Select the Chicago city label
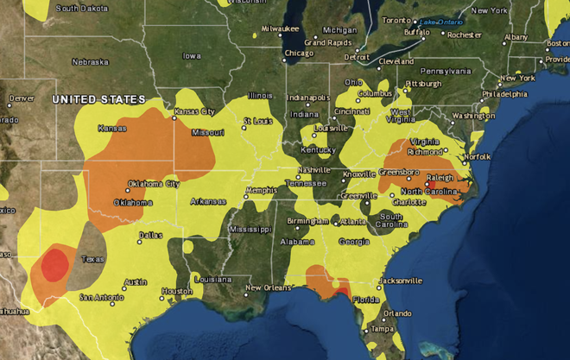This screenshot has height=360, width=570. [x=299, y=54]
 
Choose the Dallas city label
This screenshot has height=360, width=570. [x=149, y=235]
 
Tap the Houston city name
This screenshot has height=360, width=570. [x=176, y=291]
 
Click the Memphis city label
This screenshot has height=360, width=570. [x=261, y=190]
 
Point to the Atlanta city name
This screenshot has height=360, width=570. [x=351, y=221]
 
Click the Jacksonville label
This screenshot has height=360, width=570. [x=399, y=281]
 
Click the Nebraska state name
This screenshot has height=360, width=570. [x=90, y=62]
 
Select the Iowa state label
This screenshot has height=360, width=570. [x=191, y=56]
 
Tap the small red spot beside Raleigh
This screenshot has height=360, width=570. [x=426, y=184]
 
